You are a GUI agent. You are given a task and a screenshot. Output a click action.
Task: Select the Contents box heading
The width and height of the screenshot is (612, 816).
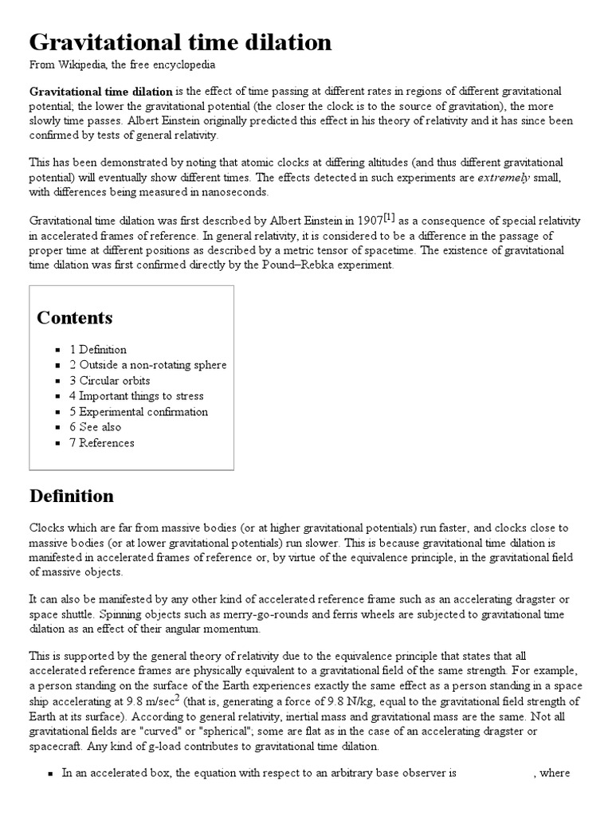[x=75, y=318]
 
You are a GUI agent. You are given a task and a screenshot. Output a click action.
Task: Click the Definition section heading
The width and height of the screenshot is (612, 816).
[x=72, y=496]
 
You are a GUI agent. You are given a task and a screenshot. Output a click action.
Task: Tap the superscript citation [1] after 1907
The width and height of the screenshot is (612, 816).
[x=389, y=218]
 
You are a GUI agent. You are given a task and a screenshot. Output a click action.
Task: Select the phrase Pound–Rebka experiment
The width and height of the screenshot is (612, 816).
[x=333, y=265]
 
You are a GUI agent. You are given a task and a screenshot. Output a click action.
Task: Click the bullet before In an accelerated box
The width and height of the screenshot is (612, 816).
[x=50, y=774]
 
